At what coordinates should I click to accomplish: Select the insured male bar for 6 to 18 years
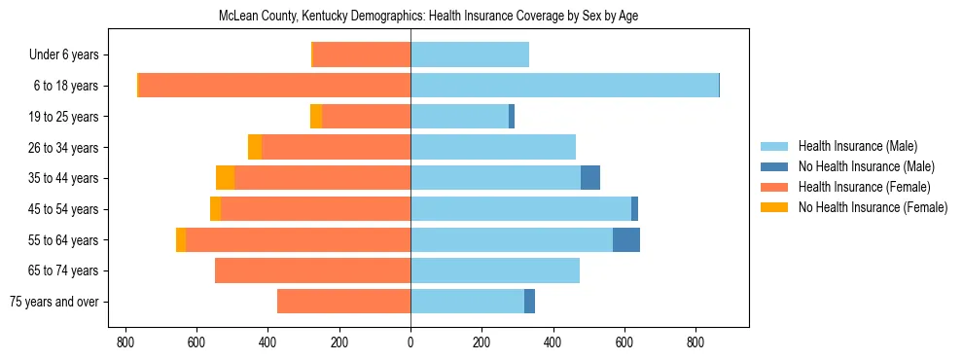[564, 86]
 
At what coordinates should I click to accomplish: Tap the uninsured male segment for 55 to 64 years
[625, 239]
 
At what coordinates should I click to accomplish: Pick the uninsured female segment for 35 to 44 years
[225, 178]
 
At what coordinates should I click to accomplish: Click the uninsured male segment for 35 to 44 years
[589, 178]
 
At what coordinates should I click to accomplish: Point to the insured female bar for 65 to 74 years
[312, 270]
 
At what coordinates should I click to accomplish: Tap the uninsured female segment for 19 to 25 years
[316, 117]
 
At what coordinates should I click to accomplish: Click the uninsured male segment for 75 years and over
[529, 302]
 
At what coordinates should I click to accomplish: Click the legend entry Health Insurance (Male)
[857, 146]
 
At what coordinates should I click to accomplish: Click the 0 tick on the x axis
[410, 342]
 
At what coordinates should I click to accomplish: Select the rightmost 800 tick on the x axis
[695, 342]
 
